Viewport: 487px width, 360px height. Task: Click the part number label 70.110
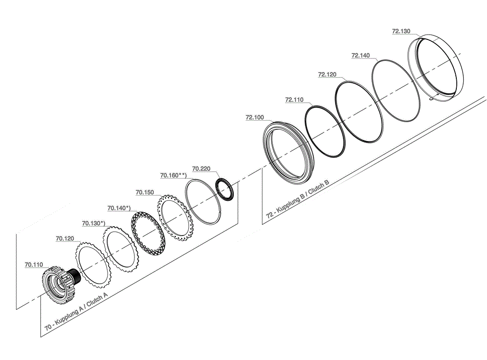point(34,265)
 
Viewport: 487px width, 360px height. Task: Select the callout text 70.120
point(65,238)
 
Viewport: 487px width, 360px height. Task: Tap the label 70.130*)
point(94,223)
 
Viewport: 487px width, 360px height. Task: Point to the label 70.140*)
point(119,208)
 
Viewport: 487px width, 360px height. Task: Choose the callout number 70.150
point(145,193)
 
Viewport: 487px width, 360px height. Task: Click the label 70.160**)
point(173,175)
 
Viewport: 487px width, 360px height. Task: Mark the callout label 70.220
point(201,168)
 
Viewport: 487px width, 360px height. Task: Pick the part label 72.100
point(255,117)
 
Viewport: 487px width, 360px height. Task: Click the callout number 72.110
point(294,100)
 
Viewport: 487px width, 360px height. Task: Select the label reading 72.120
point(327,74)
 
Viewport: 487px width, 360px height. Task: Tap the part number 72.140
point(360,55)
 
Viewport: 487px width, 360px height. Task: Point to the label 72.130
point(401,31)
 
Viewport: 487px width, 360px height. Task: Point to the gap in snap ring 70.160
point(221,213)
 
